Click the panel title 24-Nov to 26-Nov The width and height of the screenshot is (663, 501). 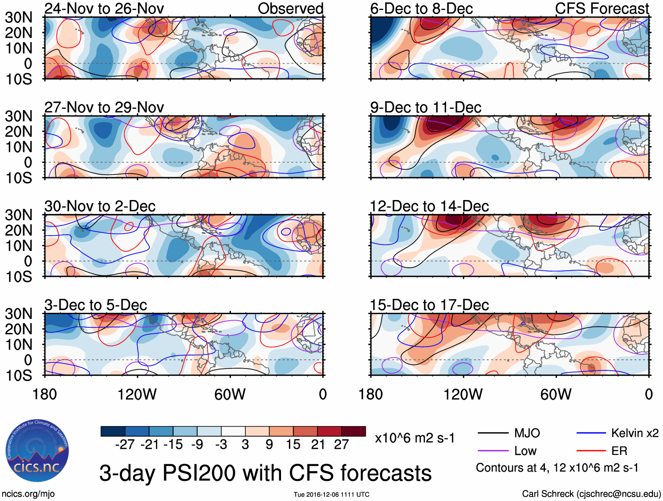[104, 8]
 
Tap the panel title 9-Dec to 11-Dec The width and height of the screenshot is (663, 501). [425, 107]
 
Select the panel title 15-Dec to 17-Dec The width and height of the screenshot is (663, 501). [429, 305]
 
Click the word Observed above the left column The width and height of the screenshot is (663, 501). [290, 8]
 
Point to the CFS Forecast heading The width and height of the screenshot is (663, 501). [602, 8]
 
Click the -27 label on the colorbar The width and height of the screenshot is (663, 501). [125, 445]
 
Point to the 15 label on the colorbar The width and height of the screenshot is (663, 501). [293, 445]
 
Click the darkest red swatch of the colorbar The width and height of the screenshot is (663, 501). [353, 431]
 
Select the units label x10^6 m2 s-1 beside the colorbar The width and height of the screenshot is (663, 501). [415, 438]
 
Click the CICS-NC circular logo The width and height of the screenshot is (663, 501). [37, 451]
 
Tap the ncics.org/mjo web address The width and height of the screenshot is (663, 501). [29, 494]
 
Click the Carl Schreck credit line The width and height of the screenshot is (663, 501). [591, 494]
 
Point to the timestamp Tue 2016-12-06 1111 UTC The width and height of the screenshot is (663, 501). [331, 494]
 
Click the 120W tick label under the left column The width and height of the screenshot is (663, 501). [137, 394]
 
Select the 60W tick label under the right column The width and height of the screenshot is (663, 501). [556, 394]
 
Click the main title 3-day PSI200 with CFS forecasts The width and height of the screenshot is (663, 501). [265, 473]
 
